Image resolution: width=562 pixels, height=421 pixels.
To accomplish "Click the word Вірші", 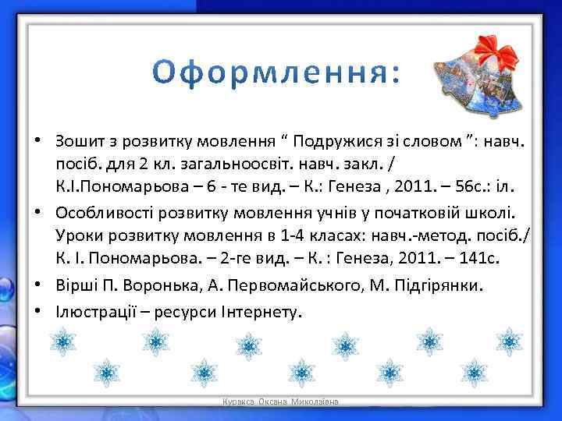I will click(x=76, y=286).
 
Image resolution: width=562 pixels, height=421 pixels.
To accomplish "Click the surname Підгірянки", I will click(x=438, y=286).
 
